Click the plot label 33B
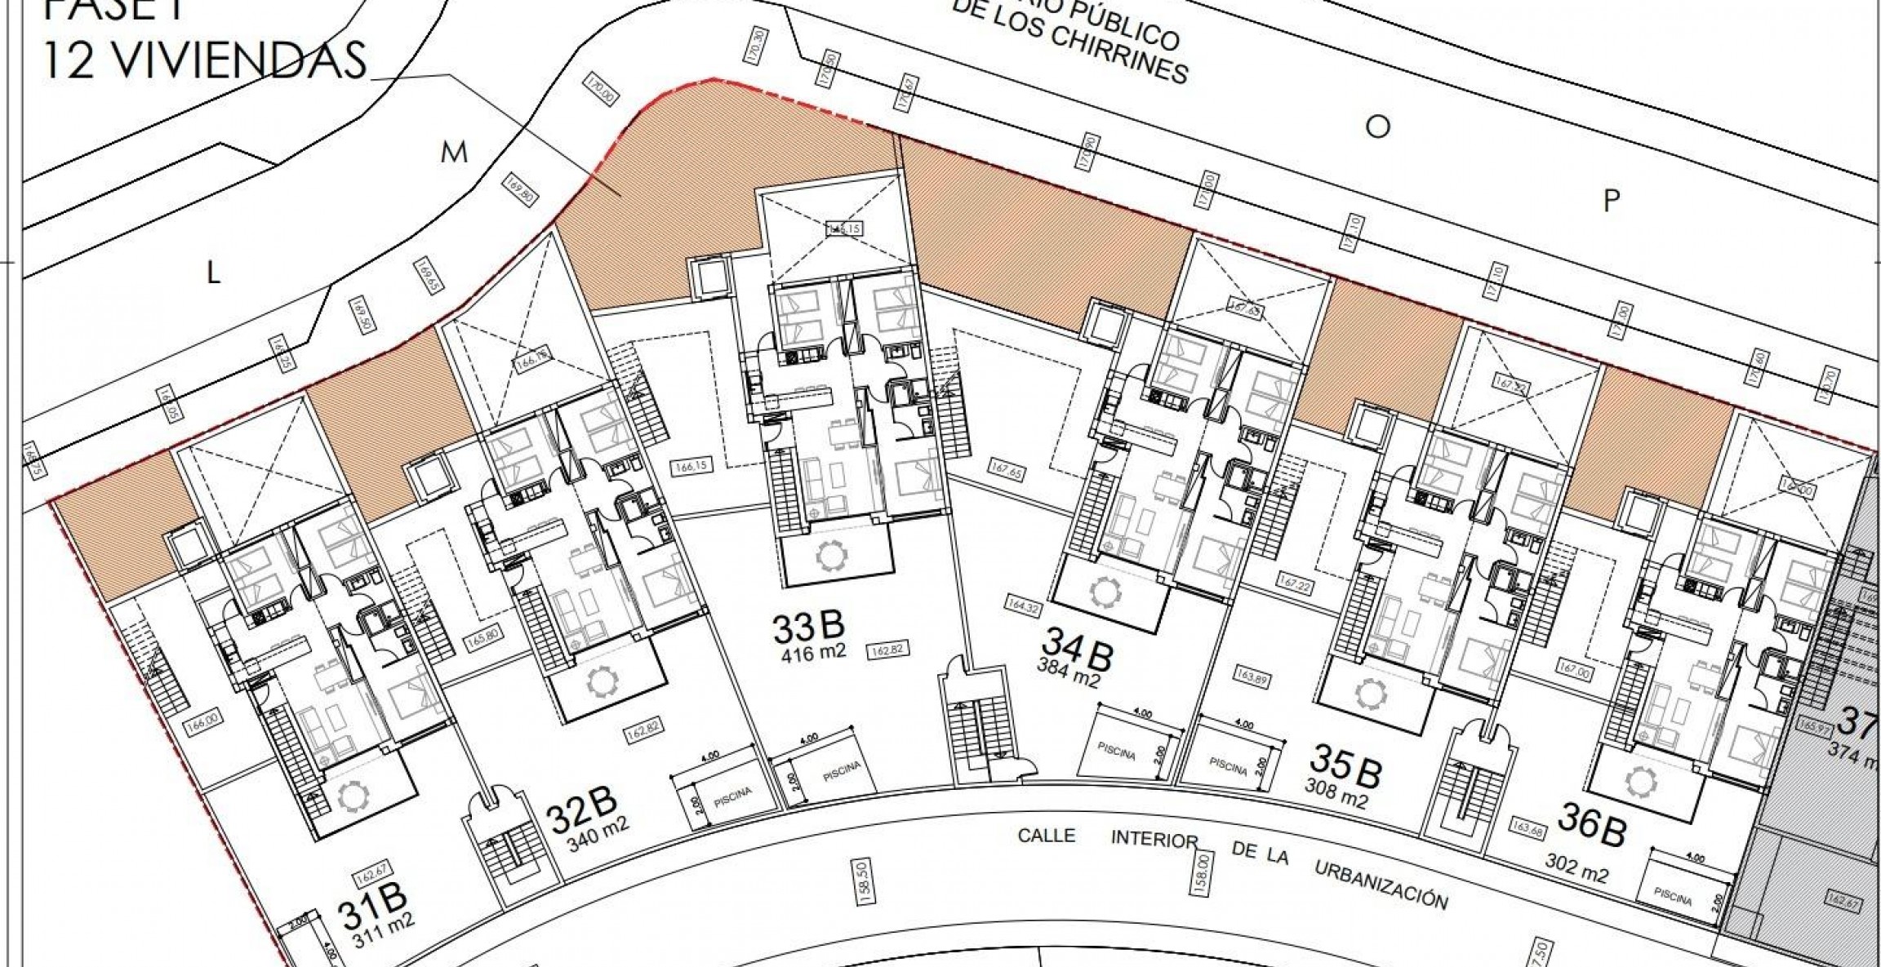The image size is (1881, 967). point(808,628)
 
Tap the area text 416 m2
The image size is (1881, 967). point(813,653)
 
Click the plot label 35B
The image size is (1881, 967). point(1345,765)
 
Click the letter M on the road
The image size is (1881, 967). point(454,153)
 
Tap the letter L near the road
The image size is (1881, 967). point(213,273)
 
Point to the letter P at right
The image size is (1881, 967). point(1611,201)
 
